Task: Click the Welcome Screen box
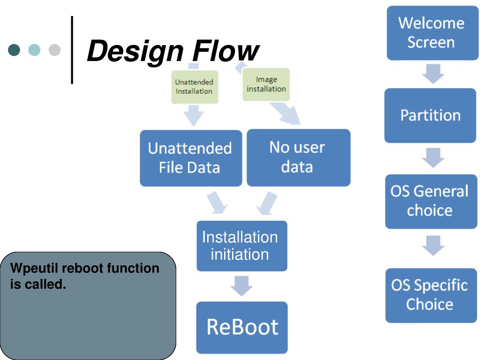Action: [433, 33]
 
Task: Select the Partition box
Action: [430, 115]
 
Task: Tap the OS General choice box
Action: [431, 202]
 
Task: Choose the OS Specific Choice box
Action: [431, 295]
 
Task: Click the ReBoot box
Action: [242, 328]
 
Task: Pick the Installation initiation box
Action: [242, 246]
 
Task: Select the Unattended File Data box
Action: [191, 158]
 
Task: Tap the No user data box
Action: [299, 157]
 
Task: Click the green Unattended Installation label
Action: [195, 87]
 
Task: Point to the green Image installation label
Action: [266, 84]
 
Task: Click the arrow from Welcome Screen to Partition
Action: [433, 74]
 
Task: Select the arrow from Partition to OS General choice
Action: [433, 157]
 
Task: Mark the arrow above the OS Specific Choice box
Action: [433, 246]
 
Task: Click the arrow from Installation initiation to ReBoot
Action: [241, 286]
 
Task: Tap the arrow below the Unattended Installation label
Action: [194, 115]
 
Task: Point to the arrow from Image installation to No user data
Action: [285, 113]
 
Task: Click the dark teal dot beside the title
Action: [14, 50]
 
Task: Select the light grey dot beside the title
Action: [54, 50]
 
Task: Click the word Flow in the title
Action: [226, 51]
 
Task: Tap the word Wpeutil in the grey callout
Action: [34, 269]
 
